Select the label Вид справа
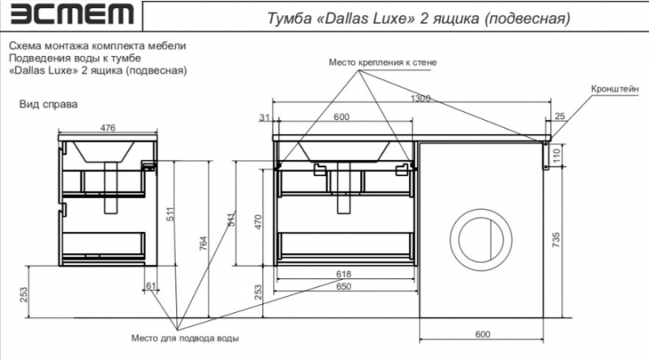(x=48, y=105)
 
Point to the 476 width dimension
(x=107, y=126)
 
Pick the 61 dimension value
(x=151, y=286)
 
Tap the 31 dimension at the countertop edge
(x=264, y=118)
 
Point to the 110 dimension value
(x=556, y=154)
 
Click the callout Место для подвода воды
(x=186, y=337)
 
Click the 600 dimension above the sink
(x=342, y=118)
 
